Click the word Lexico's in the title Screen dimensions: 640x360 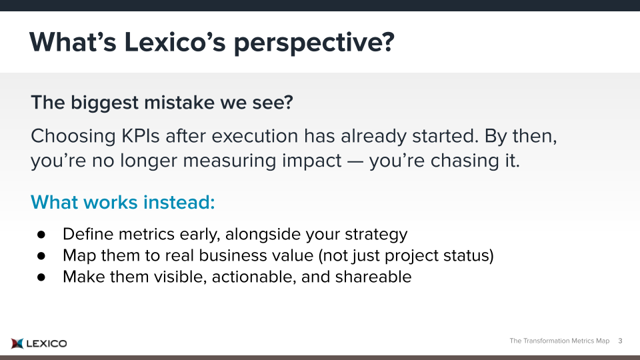point(175,41)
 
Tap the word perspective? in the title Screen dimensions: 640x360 point(314,43)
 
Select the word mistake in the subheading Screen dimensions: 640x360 point(179,102)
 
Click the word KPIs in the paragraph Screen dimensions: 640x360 point(141,136)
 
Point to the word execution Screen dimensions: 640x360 point(255,136)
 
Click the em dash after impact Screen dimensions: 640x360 point(355,161)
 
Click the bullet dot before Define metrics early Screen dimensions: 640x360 point(41,234)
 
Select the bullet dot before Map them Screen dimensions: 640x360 point(41,256)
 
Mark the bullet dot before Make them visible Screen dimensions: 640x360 point(41,277)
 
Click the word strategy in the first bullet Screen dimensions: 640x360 point(376,235)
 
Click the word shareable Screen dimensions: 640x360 point(373,277)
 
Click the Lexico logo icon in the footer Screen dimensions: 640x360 point(17,344)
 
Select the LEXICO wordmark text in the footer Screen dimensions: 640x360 point(47,344)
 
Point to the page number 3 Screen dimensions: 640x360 point(620,341)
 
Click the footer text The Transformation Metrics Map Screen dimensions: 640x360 point(559,341)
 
